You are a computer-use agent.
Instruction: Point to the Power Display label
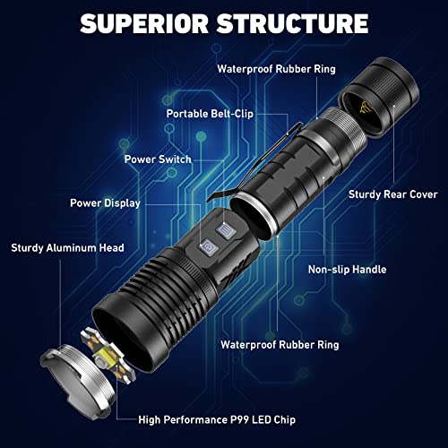tap(105, 202)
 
